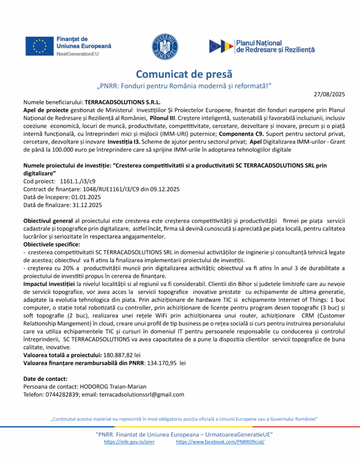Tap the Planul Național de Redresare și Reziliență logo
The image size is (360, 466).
pos(262,46)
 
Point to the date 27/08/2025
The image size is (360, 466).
pos(330,94)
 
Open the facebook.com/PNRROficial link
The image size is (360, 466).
pos(220,442)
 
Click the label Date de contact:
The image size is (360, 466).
pos(45,379)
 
